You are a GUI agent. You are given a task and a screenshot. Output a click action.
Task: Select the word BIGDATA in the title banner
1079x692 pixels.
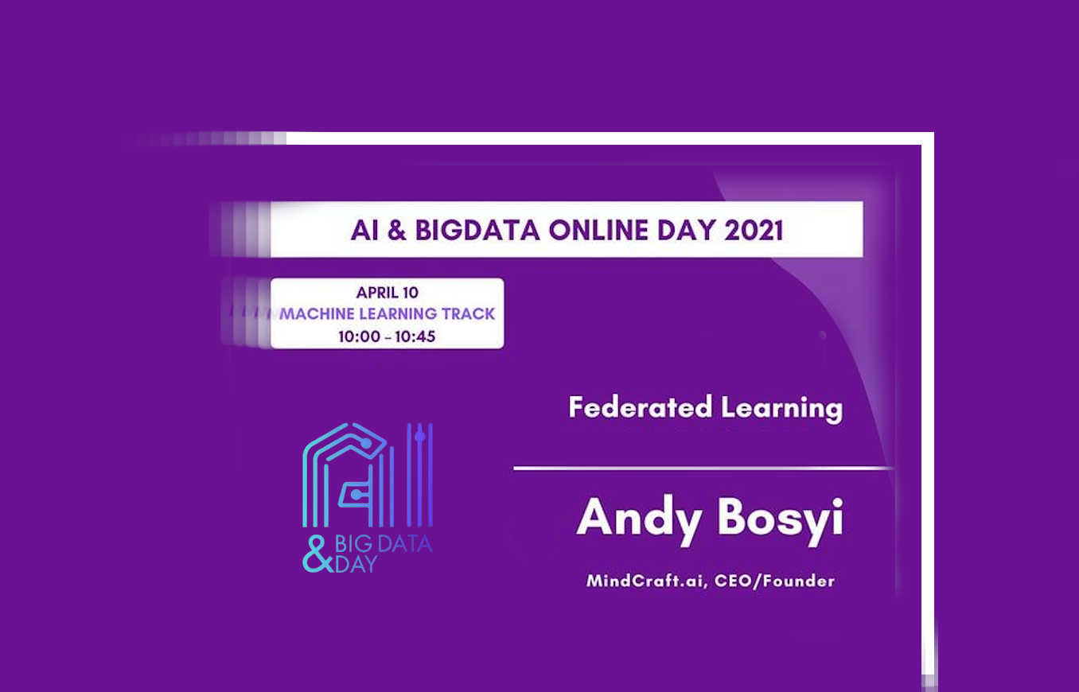(x=477, y=230)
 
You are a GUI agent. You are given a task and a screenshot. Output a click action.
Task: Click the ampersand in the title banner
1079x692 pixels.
(x=396, y=230)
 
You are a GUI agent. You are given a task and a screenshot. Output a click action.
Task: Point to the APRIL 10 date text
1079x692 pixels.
(x=388, y=292)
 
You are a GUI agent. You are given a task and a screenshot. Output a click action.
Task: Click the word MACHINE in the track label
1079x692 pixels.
(x=317, y=314)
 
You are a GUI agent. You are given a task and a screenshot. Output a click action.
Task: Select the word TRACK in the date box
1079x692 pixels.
(x=468, y=314)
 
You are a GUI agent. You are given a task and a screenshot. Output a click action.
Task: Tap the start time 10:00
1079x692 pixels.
(x=360, y=336)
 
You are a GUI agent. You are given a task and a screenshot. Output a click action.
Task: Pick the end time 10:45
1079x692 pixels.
(x=415, y=336)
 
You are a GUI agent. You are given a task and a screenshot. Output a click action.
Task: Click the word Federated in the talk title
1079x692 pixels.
(x=641, y=407)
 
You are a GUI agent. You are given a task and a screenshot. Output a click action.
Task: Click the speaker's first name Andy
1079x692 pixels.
(x=639, y=520)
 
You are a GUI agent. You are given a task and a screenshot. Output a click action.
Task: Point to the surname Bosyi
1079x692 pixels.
(x=781, y=520)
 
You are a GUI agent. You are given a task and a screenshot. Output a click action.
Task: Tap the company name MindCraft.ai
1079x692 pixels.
(x=647, y=581)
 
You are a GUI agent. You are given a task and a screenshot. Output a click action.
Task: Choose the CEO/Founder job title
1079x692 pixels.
(x=774, y=581)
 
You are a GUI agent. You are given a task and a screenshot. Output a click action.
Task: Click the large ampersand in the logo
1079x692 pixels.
(x=317, y=554)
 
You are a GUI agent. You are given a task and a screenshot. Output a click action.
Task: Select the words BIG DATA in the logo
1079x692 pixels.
(x=384, y=544)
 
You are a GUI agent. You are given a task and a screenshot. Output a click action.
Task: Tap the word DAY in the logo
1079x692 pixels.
(x=356, y=564)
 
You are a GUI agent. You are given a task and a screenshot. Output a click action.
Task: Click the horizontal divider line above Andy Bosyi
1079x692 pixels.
(x=703, y=468)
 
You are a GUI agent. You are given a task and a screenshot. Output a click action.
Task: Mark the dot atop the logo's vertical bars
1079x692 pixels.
(x=420, y=437)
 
